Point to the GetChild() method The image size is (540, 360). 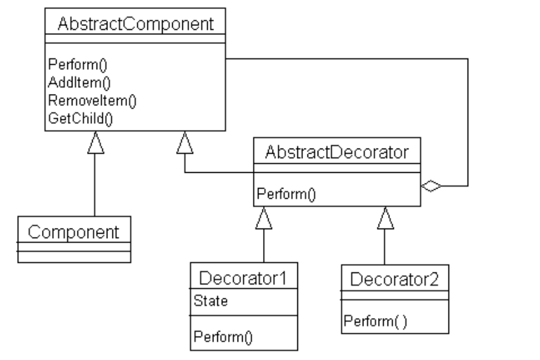coord(71,117)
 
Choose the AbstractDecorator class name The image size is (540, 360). coord(337,152)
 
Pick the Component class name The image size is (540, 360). coord(74,232)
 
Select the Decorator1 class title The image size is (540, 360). coord(244,278)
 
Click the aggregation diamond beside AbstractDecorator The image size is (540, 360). coord(431,187)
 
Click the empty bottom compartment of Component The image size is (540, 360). coord(74,257)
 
